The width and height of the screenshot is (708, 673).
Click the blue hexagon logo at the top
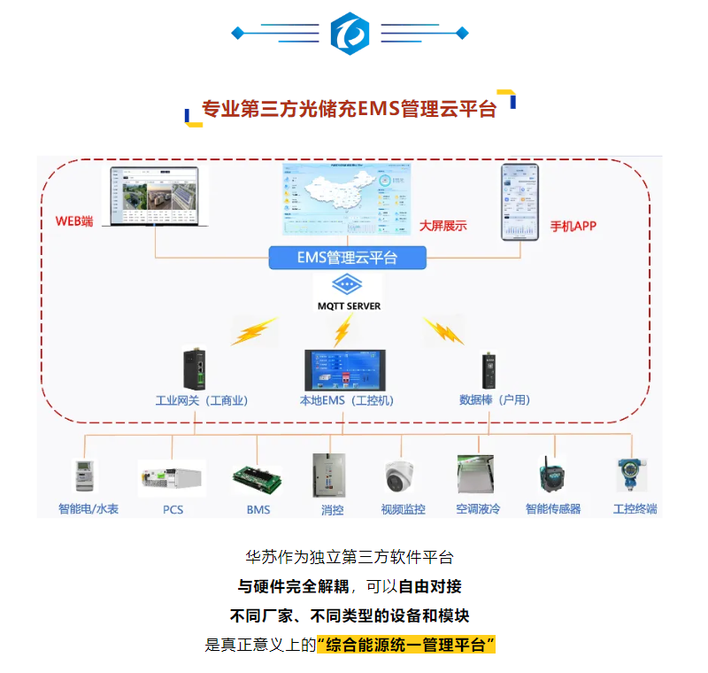tap(350, 34)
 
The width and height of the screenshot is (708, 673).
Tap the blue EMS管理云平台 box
tap(348, 258)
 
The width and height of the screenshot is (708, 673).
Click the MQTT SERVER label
tap(349, 306)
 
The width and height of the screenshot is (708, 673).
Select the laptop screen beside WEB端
tap(156, 195)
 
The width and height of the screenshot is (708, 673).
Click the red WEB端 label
tap(73, 220)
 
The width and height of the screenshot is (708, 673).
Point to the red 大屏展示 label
tap(442, 226)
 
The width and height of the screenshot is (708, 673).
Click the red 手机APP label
tap(573, 226)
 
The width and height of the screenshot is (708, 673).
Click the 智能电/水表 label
tap(88, 509)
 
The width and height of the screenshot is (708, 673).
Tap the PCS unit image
tap(173, 478)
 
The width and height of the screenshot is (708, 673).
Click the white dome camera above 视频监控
tap(403, 478)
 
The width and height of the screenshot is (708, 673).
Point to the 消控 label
tap(332, 510)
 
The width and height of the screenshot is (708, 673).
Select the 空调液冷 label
tap(478, 509)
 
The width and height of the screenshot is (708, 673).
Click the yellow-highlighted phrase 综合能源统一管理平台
tap(405, 645)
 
